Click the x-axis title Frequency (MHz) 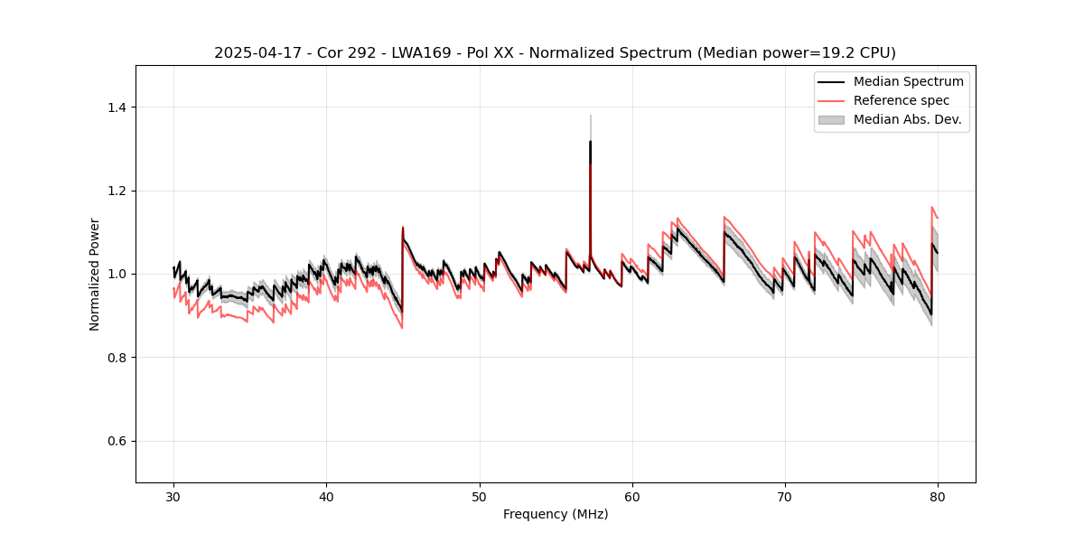(x=556, y=514)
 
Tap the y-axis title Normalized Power (x=95, y=274)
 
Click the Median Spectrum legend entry (x=908, y=81)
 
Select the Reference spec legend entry (x=902, y=100)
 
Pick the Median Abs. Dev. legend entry (x=907, y=119)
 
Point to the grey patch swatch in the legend (x=830, y=119)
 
